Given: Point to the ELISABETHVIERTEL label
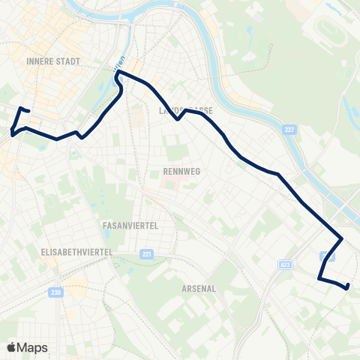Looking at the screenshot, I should [76, 253].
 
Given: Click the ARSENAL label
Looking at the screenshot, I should [199, 288].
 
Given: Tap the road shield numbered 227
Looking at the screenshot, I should [289, 130].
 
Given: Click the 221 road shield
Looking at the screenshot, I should [145, 254].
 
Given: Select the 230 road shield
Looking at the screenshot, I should [55, 292].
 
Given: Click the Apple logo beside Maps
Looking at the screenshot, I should [13, 347].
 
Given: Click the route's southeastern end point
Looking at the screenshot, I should [349, 286].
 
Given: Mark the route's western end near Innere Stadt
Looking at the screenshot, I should [28, 111].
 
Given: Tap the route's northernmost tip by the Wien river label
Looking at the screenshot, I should [118, 73].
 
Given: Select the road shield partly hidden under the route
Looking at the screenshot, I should [324, 256].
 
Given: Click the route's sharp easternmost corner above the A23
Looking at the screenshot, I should [343, 239].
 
